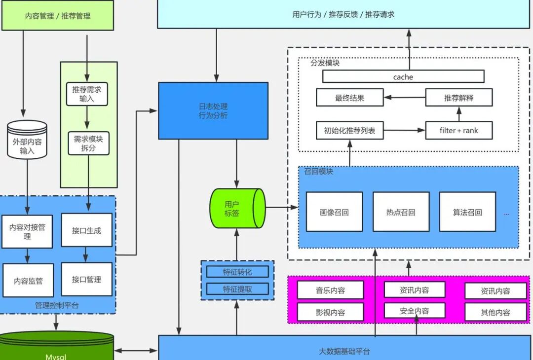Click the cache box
403,76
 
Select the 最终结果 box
349,98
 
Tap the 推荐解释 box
458,98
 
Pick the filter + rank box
458,130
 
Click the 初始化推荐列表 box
349,130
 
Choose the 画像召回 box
334,212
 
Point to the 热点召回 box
401,212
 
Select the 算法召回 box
467,212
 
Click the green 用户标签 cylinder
235,208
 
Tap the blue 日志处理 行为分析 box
213,111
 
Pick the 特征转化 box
237,272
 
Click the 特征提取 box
237,289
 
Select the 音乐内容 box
330,290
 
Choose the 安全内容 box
414,311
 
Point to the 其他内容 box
495,312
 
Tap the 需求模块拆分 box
88,144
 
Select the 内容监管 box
28,281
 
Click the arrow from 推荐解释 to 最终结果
404,98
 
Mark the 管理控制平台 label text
57,305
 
